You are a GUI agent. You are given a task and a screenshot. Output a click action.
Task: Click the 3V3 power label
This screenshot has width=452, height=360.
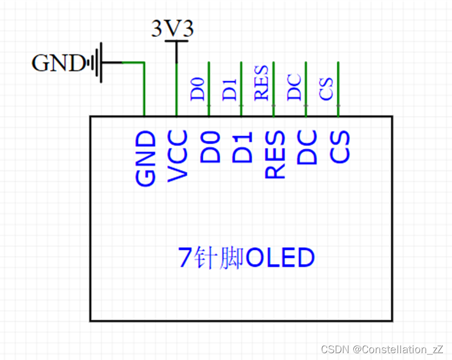tap(173, 28)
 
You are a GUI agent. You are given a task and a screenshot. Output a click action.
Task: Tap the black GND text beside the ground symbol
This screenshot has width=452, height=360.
tap(58, 62)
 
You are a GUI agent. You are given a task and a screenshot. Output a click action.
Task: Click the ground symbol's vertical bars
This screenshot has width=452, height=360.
tap(97, 62)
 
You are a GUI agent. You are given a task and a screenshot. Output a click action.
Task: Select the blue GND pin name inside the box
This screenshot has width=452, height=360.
tap(146, 158)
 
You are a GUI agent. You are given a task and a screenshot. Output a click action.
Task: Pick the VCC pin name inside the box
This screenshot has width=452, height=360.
tap(178, 156)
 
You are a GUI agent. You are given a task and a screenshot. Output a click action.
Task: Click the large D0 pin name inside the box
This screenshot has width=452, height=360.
tap(210, 147)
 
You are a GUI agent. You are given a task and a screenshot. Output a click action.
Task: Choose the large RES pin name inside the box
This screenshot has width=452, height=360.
tap(275, 154)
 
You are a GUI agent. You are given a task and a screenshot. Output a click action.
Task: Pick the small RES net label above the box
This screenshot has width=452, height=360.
tap(262, 84)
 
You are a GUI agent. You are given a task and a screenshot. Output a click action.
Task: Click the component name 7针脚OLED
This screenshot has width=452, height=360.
tap(246, 258)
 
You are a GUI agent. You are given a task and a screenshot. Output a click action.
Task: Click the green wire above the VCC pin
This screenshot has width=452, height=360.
tap(177, 91)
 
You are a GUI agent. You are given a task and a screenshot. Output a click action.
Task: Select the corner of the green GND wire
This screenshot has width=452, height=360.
tap(144, 62)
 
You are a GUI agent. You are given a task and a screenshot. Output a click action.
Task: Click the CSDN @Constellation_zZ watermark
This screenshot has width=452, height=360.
tap(382, 349)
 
